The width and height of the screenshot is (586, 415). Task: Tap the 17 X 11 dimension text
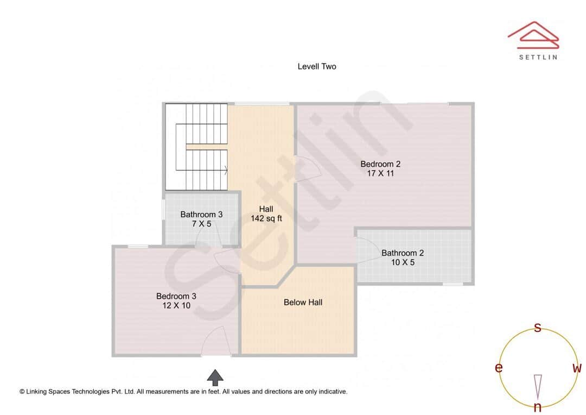tap(380, 174)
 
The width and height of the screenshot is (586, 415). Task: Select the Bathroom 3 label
tap(201, 215)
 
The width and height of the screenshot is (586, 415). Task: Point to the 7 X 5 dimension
tap(201, 224)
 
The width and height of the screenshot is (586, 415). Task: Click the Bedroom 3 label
tap(176, 296)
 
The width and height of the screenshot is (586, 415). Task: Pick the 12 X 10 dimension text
tap(176, 305)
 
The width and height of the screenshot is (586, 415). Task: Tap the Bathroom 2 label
tap(403, 253)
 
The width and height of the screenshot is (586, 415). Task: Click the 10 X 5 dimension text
tap(402, 262)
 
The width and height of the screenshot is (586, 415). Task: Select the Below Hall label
tap(303, 302)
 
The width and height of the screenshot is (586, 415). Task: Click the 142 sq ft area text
tap(266, 218)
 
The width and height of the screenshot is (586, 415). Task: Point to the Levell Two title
tap(317, 66)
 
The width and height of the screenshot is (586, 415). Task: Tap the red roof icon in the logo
tap(533, 33)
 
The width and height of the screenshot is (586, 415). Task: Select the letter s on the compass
tap(538, 328)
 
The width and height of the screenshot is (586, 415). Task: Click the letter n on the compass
tap(538, 407)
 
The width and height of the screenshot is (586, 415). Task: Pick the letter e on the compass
tap(498, 368)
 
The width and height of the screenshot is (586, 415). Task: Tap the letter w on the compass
tap(577, 368)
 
